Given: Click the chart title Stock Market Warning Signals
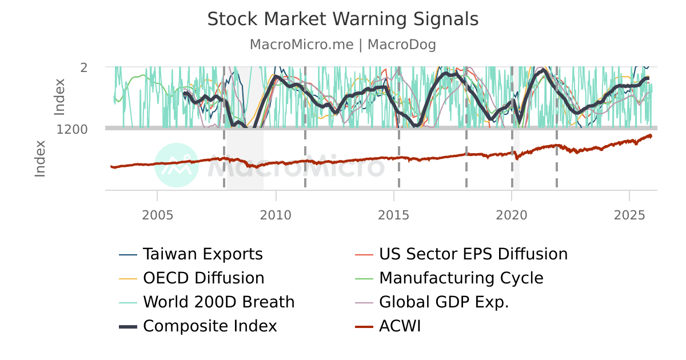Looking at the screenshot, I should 342,19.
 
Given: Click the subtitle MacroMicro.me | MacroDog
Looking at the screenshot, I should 342,45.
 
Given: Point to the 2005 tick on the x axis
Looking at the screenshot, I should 157,214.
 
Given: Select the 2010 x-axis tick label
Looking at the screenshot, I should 276,214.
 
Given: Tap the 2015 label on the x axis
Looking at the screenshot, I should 393,214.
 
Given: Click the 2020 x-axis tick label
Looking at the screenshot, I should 512,214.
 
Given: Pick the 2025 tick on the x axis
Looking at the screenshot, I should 629,214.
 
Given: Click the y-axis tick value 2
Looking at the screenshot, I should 84,67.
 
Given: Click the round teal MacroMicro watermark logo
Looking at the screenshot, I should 177,165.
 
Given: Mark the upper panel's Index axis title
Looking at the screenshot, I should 60,97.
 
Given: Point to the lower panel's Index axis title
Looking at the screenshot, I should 40,159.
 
